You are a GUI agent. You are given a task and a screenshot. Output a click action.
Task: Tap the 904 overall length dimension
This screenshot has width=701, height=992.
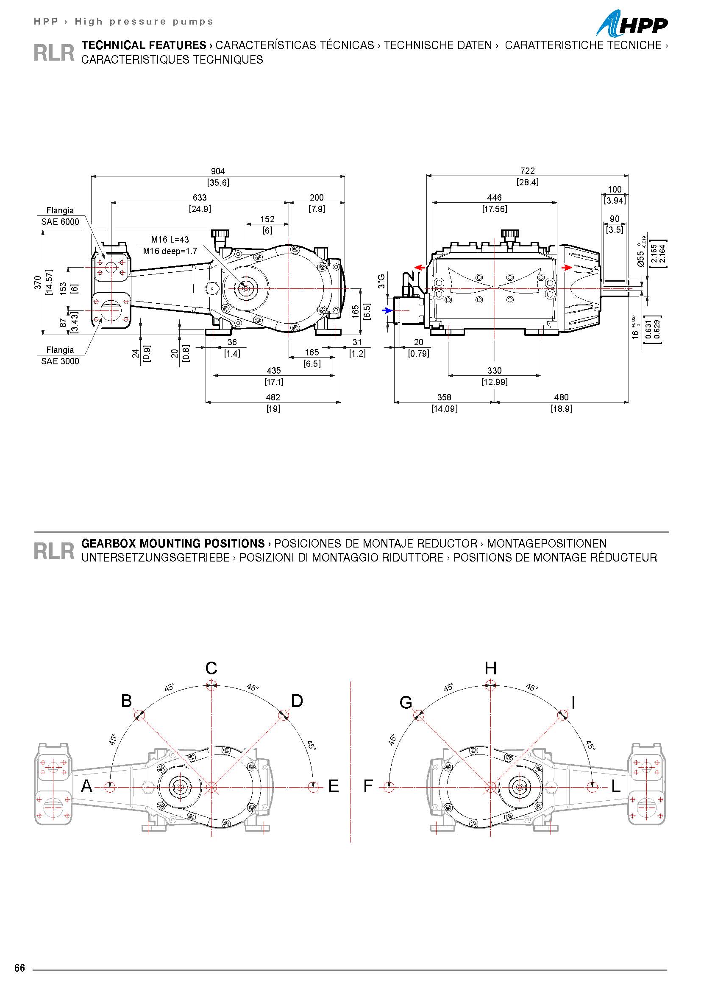(x=218, y=171)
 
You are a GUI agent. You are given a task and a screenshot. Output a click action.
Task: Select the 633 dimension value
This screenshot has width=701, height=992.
(x=200, y=198)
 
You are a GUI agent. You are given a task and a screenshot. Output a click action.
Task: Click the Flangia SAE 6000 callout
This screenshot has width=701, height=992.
(x=60, y=216)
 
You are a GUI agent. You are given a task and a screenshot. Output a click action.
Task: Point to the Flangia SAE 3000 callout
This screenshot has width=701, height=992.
(x=60, y=355)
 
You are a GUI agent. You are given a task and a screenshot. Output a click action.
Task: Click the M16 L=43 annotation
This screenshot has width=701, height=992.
(x=170, y=240)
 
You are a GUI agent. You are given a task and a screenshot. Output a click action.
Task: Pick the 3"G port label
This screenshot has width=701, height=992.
(x=381, y=281)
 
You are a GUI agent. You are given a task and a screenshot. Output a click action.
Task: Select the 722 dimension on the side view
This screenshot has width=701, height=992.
(x=528, y=171)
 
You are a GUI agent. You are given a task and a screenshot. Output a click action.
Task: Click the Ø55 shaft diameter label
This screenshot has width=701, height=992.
(x=641, y=258)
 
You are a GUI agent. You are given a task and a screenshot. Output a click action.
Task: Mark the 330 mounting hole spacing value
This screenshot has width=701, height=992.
(x=494, y=371)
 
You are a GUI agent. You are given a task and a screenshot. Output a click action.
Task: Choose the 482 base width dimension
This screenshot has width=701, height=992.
(x=273, y=397)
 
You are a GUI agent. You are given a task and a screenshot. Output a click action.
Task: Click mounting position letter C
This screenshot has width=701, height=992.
(x=211, y=668)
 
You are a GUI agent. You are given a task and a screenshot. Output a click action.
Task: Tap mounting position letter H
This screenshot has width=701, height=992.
(x=490, y=668)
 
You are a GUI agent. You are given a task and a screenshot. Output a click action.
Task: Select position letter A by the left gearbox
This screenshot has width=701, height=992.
(x=87, y=786)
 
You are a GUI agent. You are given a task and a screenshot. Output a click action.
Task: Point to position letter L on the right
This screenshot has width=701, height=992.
(x=616, y=786)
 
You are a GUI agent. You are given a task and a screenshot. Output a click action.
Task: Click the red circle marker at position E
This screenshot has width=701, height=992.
(x=314, y=787)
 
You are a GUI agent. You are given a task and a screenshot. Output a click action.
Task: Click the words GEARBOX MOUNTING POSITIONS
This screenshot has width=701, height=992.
(x=173, y=543)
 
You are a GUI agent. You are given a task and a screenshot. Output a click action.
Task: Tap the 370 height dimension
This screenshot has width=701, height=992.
(x=38, y=282)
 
